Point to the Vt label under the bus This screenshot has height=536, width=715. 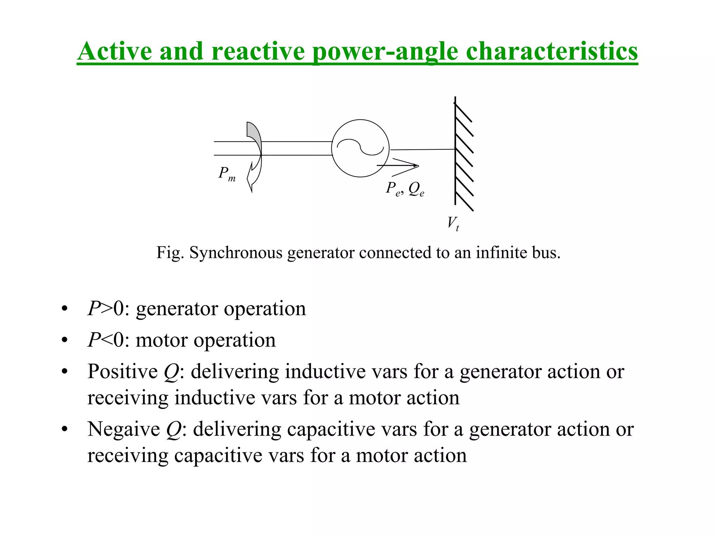(453, 223)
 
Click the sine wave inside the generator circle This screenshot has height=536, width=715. (360, 147)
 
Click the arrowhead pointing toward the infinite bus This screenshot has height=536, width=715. (412, 165)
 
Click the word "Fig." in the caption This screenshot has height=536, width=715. (170, 252)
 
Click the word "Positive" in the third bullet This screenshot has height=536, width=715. (123, 371)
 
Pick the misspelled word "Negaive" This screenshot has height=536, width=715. (124, 429)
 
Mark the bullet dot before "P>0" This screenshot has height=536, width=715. (64, 309)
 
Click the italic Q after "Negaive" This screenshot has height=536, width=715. (174, 430)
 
